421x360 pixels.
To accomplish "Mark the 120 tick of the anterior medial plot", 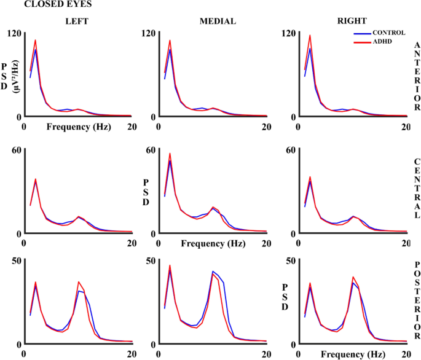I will [148, 33].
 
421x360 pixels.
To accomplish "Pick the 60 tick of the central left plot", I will [15, 150].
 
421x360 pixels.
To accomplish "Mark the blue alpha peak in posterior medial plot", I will [213, 271].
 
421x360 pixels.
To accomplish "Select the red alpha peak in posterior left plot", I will [79, 281].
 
